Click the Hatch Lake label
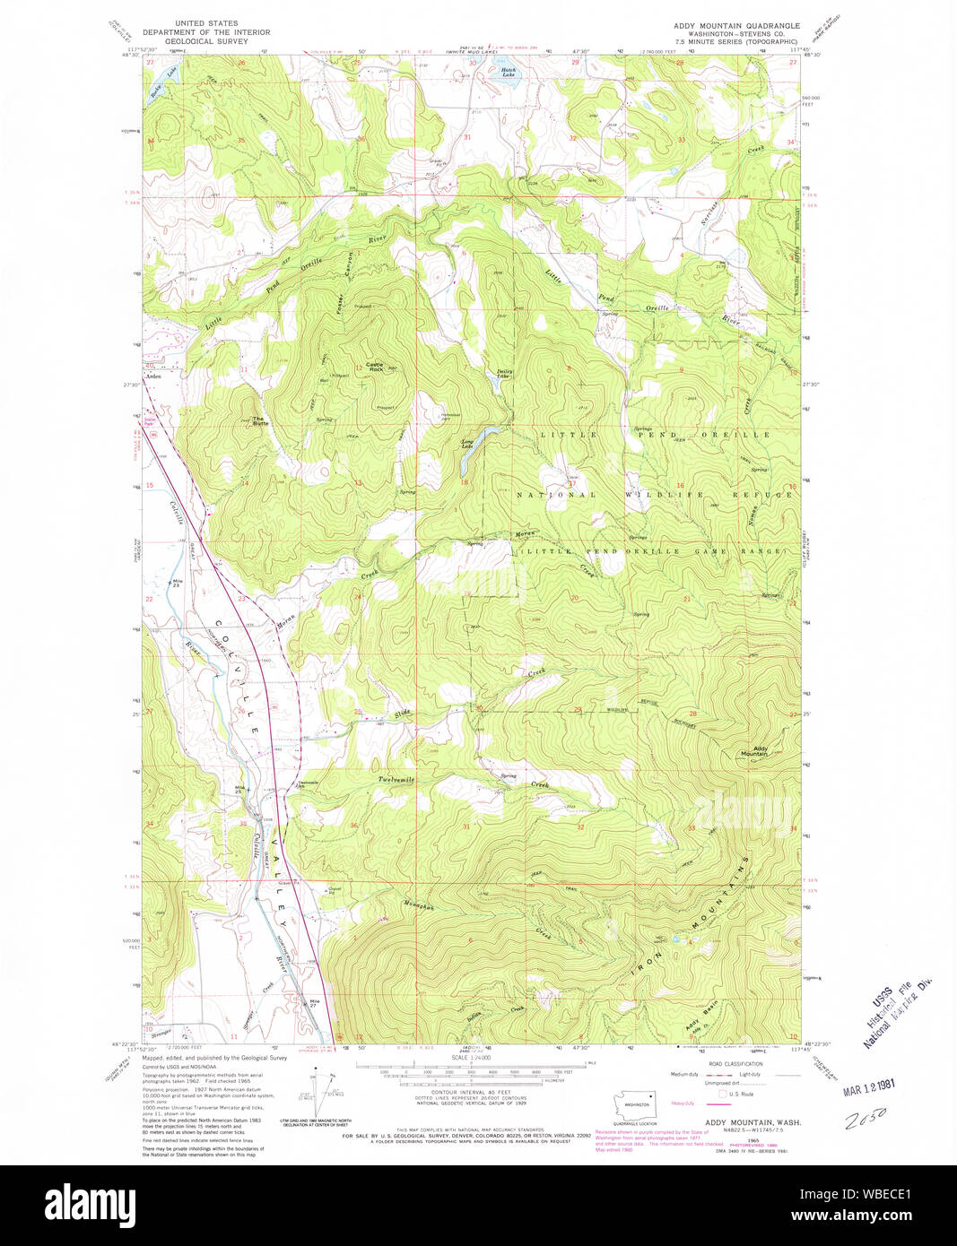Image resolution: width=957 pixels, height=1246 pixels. coord(508,73)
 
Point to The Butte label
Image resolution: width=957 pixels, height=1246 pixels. coord(258,420)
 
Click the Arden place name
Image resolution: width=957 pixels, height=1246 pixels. coord(153,378)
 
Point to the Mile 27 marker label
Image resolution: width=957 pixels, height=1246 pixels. coord(314,1003)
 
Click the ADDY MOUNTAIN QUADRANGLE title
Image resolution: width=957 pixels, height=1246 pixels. coord(736,25)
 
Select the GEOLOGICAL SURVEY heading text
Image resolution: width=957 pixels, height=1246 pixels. coord(209,41)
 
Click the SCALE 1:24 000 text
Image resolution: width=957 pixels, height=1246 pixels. coord(470,1059)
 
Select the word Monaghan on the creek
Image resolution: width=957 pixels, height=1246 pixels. coord(419,906)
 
